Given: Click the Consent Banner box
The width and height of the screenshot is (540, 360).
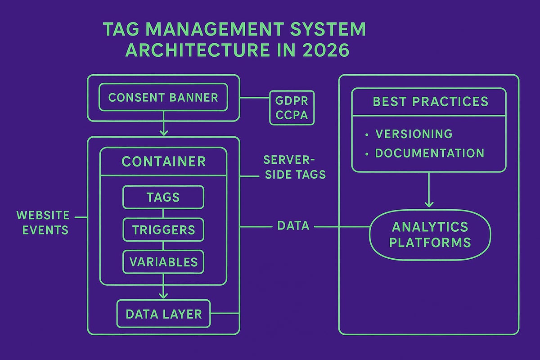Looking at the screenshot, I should pos(163,97).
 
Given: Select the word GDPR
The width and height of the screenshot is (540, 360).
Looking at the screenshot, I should pos(292,99).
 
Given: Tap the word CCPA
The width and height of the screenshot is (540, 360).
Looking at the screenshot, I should pos(292,115).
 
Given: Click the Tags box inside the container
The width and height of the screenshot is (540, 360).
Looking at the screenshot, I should pos(163,197).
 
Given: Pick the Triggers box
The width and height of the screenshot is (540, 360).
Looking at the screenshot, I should pos(163,229).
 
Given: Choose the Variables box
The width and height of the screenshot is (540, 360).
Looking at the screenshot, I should pos(163,262).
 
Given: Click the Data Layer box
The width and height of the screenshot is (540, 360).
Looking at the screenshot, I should pos(163,313).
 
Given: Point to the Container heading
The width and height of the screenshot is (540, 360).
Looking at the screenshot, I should pos(163,162).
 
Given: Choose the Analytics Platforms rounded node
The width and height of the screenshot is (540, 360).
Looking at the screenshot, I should pos(429,234).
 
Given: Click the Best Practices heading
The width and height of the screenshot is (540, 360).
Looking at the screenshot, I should pos(430,101).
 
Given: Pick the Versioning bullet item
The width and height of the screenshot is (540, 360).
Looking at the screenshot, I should pos(414,134).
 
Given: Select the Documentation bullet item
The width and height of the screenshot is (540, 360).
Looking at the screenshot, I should pos(429,153).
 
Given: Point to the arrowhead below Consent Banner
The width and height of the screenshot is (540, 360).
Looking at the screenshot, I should pos(163,132).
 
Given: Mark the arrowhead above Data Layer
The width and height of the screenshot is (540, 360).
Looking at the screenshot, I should pos(163,295).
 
